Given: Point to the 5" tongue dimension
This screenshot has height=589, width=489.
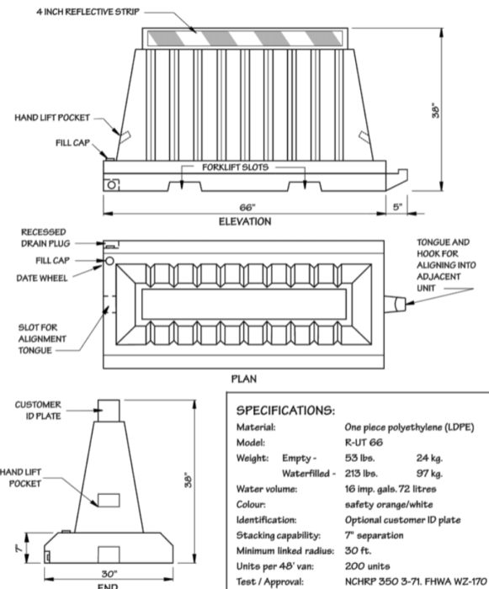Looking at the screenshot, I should click(x=396, y=204).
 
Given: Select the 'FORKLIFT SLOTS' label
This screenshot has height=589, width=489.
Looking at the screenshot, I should click(x=235, y=167).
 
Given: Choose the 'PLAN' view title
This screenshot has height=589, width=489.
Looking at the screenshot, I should click(x=244, y=379).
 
